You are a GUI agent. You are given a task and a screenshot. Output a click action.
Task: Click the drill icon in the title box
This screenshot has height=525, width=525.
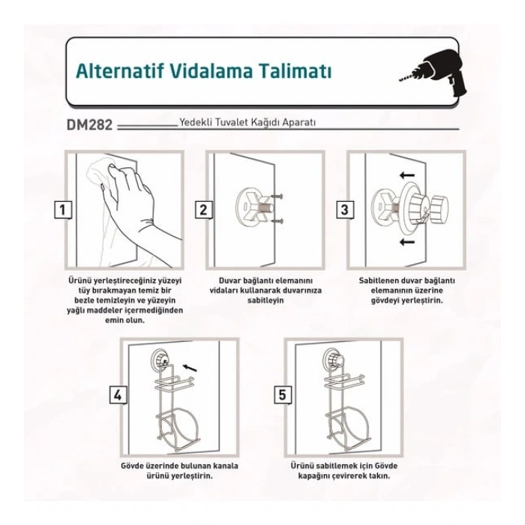click(432, 73)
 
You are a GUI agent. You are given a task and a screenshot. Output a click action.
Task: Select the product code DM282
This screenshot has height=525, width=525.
click(89, 125)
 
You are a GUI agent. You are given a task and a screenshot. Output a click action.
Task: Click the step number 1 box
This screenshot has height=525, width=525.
click(62, 210)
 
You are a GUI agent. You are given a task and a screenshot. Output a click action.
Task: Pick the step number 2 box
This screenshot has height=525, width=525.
click(203, 210)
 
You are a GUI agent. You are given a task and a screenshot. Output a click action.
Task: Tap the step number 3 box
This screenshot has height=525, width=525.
click(344, 210)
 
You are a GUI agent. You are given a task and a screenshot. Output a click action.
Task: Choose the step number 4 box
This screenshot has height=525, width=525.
click(118, 395)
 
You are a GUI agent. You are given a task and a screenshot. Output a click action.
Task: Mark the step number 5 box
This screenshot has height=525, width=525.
click(282, 395)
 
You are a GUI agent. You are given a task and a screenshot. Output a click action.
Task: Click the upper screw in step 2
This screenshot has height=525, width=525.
click(277, 196)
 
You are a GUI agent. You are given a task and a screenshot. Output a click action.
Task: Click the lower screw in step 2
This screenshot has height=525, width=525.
click(277, 221)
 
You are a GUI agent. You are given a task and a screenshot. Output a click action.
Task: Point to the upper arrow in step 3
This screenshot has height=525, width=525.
click(407, 175)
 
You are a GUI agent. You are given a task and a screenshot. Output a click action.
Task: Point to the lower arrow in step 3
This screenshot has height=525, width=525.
click(407, 241)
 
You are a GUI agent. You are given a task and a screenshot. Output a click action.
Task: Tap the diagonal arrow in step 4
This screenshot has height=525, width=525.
click(190, 367)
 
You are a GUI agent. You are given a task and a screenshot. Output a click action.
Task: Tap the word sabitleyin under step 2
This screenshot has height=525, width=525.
click(265, 300)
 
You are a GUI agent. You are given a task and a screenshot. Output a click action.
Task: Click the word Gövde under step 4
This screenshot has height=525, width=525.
click(133, 466)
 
